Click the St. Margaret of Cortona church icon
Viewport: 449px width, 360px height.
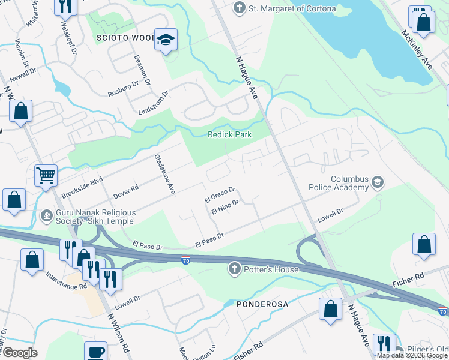[240, 8]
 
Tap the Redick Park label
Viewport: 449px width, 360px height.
[229, 135]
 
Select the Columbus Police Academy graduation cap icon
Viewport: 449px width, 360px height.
[378, 181]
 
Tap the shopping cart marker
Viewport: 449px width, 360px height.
[46, 176]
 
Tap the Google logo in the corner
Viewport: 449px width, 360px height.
[20, 353]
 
